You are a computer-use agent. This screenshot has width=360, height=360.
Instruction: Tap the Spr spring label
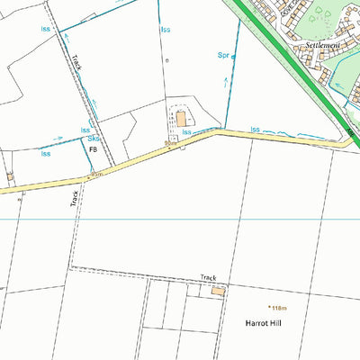click(x=224, y=55)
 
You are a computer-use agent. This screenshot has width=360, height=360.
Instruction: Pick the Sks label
click(x=93, y=139)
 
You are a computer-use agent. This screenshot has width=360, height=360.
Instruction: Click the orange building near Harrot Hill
click(x=217, y=291)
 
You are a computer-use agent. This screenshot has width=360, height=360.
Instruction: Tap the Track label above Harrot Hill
click(x=209, y=279)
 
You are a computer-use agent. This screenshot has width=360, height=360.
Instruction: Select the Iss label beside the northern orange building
click(x=187, y=132)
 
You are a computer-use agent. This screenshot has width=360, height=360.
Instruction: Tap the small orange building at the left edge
click(x=10, y=177)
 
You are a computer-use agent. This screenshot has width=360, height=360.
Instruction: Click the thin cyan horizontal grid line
click(x=180, y=219)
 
